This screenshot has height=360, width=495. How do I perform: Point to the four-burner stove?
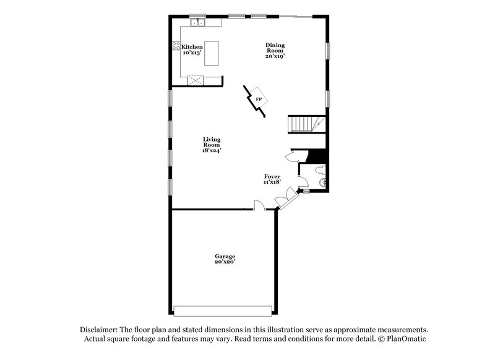pyautogui.click(x=176, y=45)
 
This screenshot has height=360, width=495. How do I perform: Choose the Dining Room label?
pyautogui.click(x=275, y=47)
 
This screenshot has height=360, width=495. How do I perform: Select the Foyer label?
pyautogui.click(x=273, y=176)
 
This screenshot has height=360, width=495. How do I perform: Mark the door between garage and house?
pyautogui.click(x=259, y=205)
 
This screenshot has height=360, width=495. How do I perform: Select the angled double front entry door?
pyautogui.click(x=283, y=199)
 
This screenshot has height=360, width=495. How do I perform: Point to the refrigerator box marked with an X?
pyautogui.click(x=197, y=80)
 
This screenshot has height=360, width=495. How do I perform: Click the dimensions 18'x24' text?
pyautogui.click(x=212, y=150)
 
